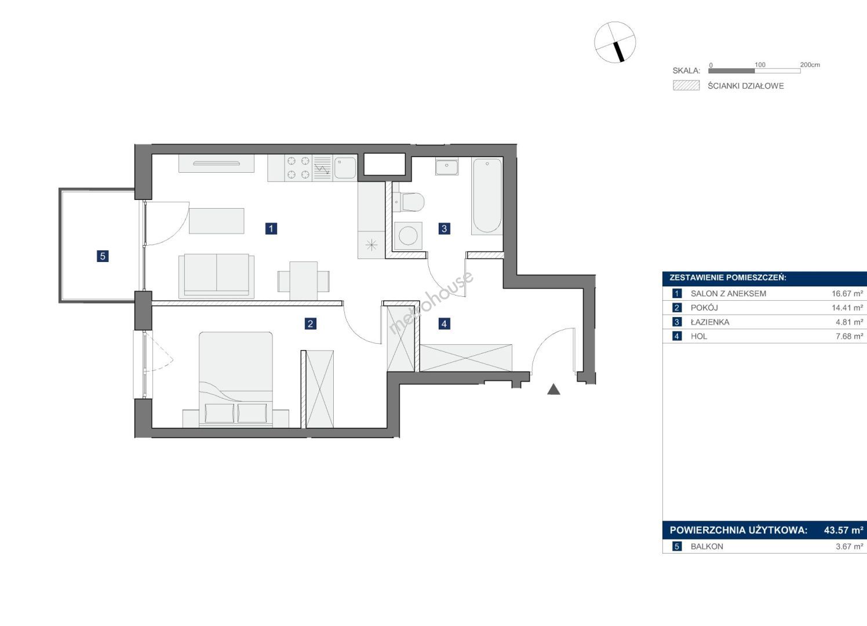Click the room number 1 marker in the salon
pyautogui.click(x=271, y=228)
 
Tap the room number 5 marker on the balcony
pyautogui.click(x=103, y=256)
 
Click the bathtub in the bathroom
pyautogui.click(x=487, y=196)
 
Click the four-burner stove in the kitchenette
pyautogui.click(x=298, y=168)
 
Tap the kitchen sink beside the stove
pyautogui.click(x=345, y=168)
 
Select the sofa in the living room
pyautogui.click(x=216, y=276)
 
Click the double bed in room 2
pyautogui.click(x=236, y=380)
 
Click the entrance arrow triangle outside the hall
pyautogui.click(x=554, y=389)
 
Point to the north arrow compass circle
pyautogui.click(x=615, y=42)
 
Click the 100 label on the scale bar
pyautogui.click(x=760, y=65)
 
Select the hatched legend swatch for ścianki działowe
pyautogui.click(x=686, y=85)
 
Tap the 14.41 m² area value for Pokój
pyautogui.click(x=847, y=308)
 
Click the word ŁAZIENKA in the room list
pyautogui.click(x=710, y=322)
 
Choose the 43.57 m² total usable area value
pyautogui.click(x=843, y=530)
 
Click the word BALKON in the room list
pyautogui.click(x=707, y=547)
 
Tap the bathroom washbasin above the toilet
pyautogui.click(x=447, y=166)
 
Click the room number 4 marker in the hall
pyautogui.click(x=444, y=323)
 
